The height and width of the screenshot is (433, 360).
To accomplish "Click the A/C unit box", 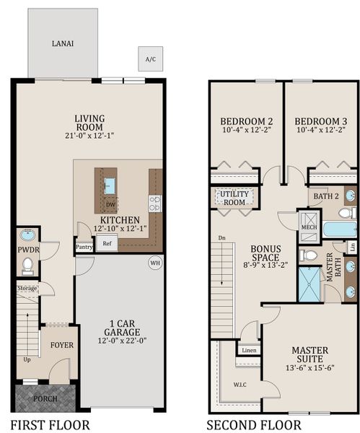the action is click(151, 59).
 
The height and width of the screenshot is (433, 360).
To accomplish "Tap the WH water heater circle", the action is click(155, 263).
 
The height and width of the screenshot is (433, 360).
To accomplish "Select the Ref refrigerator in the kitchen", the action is click(107, 243).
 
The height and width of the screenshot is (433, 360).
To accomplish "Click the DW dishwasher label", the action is click(110, 205).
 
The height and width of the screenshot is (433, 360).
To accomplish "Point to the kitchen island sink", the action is click(110, 186).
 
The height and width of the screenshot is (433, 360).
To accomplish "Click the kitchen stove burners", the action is click(155, 204).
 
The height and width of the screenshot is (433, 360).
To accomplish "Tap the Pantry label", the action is click(84, 247).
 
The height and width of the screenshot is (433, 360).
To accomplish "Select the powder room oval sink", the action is click(27, 235).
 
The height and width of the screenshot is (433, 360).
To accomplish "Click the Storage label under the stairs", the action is click(27, 288).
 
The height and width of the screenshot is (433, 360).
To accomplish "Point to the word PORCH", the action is click(45, 399).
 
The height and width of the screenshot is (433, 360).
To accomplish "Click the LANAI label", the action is click(63, 43).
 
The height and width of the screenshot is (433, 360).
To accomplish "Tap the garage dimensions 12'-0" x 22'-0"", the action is click(122, 341).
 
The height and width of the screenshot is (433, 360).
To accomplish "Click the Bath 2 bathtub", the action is click(340, 229).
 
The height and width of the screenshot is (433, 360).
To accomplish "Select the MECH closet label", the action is click(309, 227).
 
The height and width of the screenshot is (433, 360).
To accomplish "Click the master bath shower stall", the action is click(309, 284).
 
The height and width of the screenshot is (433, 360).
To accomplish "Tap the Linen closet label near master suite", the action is click(249, 351).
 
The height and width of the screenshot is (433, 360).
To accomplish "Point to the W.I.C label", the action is click(240, 385).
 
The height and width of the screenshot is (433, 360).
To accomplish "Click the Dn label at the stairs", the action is click(221, 237).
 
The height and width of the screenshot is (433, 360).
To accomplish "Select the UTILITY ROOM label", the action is click(234, 198).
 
